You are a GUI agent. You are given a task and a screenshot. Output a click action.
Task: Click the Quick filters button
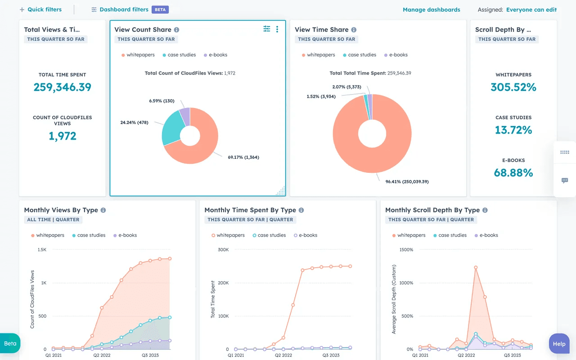pos(40,9)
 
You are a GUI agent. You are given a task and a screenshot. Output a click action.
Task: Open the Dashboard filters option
pos(124,9)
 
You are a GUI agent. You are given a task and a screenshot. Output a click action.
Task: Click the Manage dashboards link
pos(431,9)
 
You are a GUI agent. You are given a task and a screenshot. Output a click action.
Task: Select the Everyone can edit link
pos(531,9)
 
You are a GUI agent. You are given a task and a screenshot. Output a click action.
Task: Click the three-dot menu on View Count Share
pos(277,29)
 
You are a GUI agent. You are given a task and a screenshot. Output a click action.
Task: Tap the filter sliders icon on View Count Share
pos(267,29)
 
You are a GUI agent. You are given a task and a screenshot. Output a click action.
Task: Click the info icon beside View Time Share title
pos(354,30)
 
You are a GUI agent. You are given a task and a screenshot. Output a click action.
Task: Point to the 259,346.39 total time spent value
pos(63,87)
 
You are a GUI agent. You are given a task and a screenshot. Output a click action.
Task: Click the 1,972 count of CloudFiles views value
pos(63,136)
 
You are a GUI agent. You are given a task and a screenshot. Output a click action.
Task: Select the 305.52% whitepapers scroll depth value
pos(513,87)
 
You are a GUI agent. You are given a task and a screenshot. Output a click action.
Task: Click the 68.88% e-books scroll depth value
pos(513,173)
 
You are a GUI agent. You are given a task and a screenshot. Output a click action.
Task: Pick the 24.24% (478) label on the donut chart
pos(134,122)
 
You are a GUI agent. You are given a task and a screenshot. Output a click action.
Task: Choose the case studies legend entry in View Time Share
pos(362,55)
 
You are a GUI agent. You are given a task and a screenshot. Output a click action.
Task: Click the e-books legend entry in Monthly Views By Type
pos(127,235)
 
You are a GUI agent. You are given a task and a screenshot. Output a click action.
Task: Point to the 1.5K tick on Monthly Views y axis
pos(42,250)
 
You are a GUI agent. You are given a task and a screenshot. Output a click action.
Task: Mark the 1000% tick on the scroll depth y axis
pos(406,283)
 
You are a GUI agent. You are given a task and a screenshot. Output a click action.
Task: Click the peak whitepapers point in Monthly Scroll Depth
pos(476,267)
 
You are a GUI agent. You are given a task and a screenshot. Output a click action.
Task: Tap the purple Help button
pos(559,344)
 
